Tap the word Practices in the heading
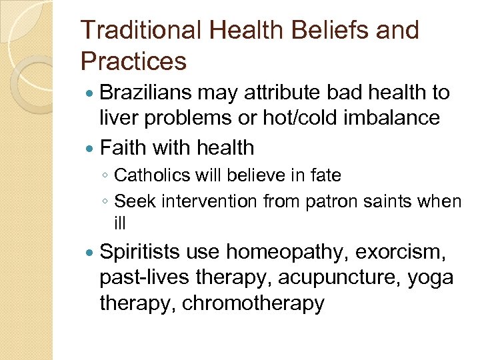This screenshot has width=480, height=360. [x=133, y=61]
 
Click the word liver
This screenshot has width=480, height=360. [x=119, y=118]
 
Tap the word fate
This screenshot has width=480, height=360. [x=327, y=176]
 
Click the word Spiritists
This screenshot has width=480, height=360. [x=140, y=252]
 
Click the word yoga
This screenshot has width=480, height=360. [x=429, y=277]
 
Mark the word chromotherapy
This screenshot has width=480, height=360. [x=253, y=303]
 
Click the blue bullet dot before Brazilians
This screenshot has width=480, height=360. [x=90, y=93]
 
